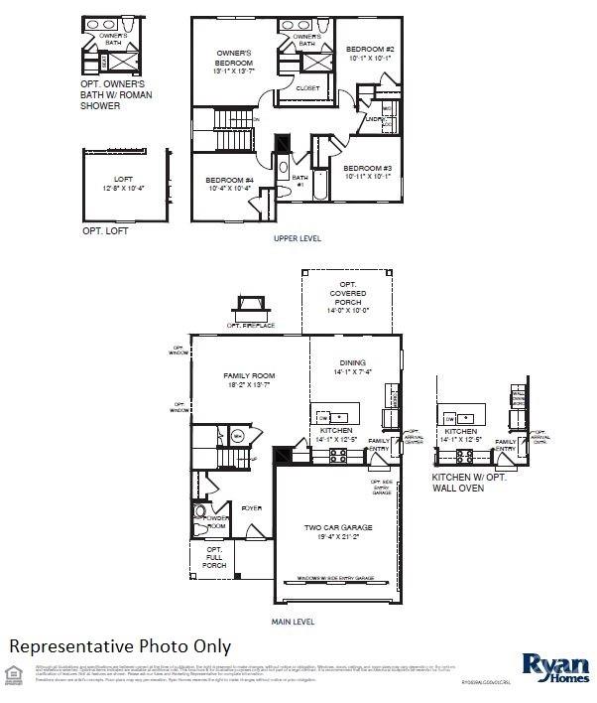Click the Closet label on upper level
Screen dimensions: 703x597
point(308,87)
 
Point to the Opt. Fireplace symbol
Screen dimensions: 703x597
point(250,308)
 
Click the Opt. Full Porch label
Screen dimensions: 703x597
point(214,557)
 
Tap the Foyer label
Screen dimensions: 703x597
point(251,508)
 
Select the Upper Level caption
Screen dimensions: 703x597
point(297,239)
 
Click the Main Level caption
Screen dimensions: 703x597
point(293,622)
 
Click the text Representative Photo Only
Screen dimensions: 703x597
point(120,646)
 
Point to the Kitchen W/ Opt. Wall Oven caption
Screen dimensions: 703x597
point(469,483)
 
